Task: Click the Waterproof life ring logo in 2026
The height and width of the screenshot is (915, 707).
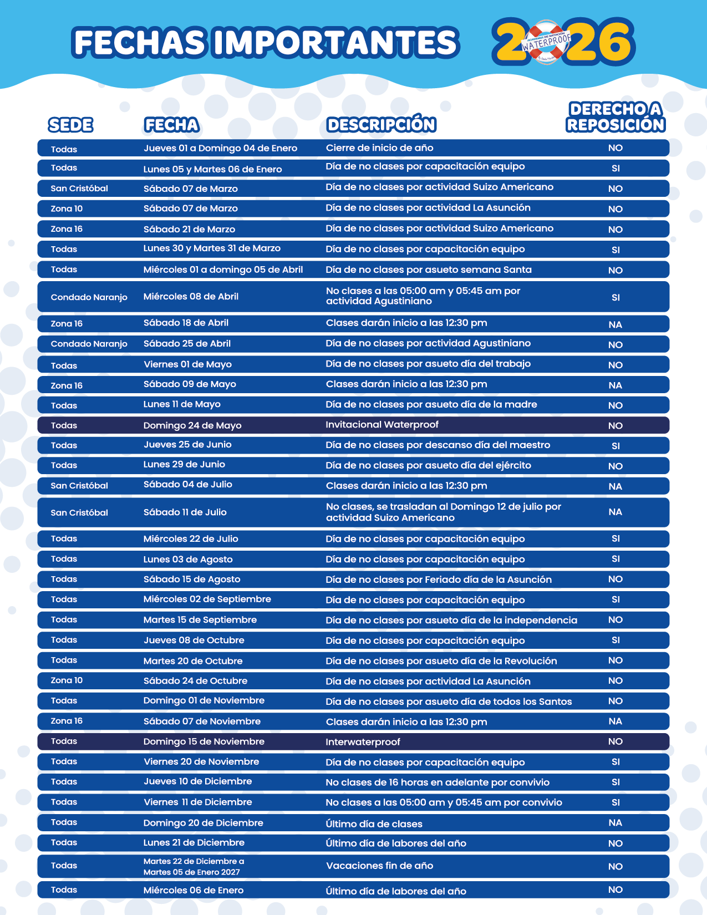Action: [x=547, y=42]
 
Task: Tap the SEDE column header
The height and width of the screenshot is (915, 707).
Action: [x=70, y=125]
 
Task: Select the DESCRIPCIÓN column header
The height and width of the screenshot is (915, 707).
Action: [x=381, y=125]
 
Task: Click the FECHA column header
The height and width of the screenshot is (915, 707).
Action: [x=171, y=125]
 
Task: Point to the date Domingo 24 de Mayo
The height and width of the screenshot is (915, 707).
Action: [x=192, y=425]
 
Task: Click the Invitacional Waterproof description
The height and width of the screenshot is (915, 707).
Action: [x=382, y=425]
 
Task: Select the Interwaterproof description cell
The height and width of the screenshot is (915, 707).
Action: [x=363, y=742]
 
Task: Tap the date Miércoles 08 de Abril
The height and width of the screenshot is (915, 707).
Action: [x=191, y=297]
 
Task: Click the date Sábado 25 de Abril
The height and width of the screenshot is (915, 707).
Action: [x=187, y=344]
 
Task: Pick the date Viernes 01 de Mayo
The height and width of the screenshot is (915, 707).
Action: [x=187, y=364]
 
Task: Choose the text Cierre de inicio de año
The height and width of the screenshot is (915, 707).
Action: [x=379, y=148]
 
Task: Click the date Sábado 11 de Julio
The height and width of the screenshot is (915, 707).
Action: [x=185, y=512]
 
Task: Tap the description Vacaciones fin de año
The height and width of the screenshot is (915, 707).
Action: [x=379, y=866]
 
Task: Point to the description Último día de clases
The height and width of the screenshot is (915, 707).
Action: [x=374, y=824]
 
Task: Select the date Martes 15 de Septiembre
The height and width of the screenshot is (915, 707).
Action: [x=200, y=620]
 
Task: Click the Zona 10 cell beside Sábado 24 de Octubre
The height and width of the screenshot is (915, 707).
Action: [x=67, y=680]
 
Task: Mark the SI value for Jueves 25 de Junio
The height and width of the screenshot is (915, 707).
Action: [x=616, y=446]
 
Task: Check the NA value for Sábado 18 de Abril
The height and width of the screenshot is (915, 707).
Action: [x=615, y=325]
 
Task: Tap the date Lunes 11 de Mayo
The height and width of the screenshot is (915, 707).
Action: [x=182, y=404]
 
